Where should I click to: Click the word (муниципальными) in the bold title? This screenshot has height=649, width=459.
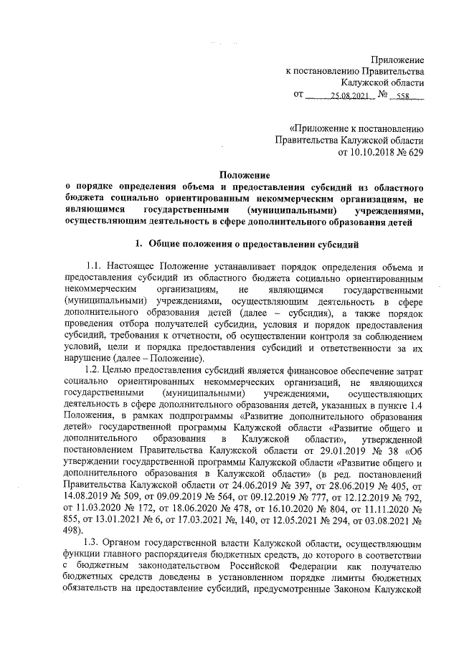[290, 211]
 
